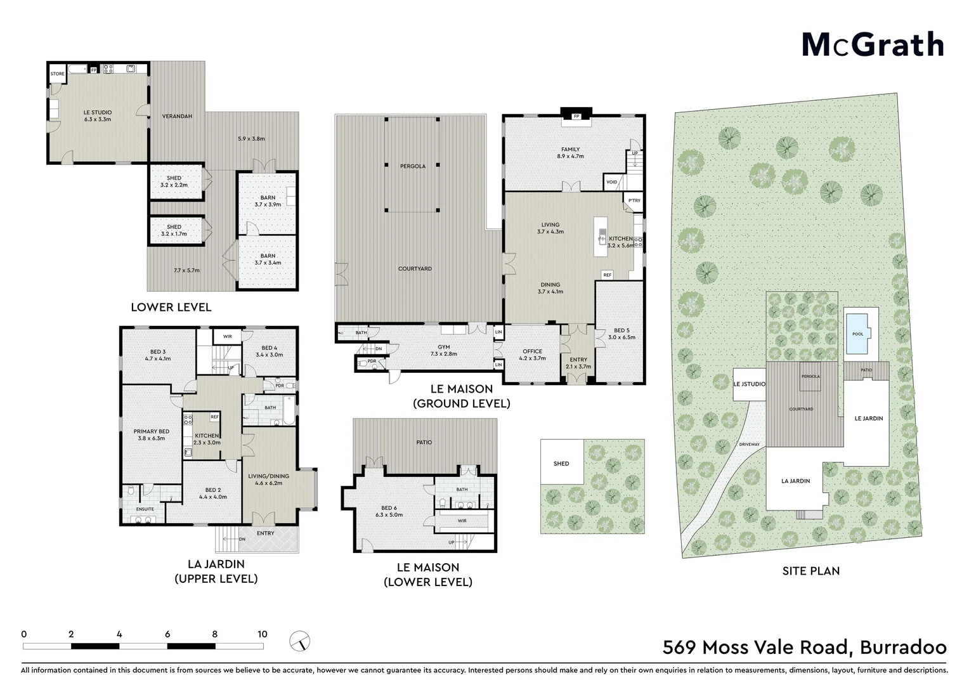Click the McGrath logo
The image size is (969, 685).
[x=873, y=44]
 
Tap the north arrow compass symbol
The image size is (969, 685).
[x=300, y=641]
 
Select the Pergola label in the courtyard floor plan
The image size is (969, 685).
[x=412, y=166]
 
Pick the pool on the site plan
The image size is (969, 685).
[x=857, y=334]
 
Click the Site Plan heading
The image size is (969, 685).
[x=810, y=571]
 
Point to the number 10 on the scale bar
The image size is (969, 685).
[x=262, y=634]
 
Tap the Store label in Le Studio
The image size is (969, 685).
[x=57, y=74]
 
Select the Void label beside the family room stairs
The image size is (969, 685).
[x=611, y=182]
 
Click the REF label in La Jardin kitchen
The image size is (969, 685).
[x=214, y=417]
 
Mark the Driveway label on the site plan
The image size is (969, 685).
[x=749, y=444]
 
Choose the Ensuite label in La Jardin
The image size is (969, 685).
[x=145, y=509]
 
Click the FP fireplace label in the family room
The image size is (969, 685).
[x=576, y=117]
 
